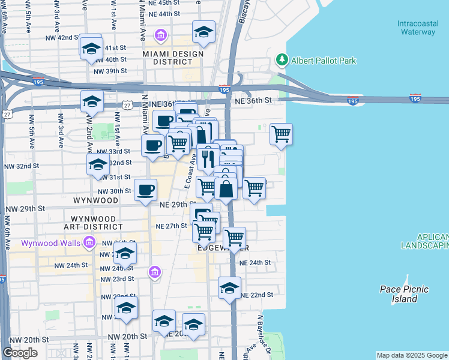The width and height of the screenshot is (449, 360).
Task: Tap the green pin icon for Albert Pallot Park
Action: tap(282, 60)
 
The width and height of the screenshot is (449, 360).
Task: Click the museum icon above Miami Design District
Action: tap(160, 35)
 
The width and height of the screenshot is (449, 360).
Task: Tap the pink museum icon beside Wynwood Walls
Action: tap(89, 242)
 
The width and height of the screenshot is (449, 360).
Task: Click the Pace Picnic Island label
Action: tap(405, 293)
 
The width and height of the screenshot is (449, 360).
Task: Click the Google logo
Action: tap(20, 353)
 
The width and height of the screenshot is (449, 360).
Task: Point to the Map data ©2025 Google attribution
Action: tap(411, 355)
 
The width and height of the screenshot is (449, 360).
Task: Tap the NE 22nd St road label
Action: tap(256, 295)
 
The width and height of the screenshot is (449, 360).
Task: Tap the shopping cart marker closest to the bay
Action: tap(281, 134)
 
